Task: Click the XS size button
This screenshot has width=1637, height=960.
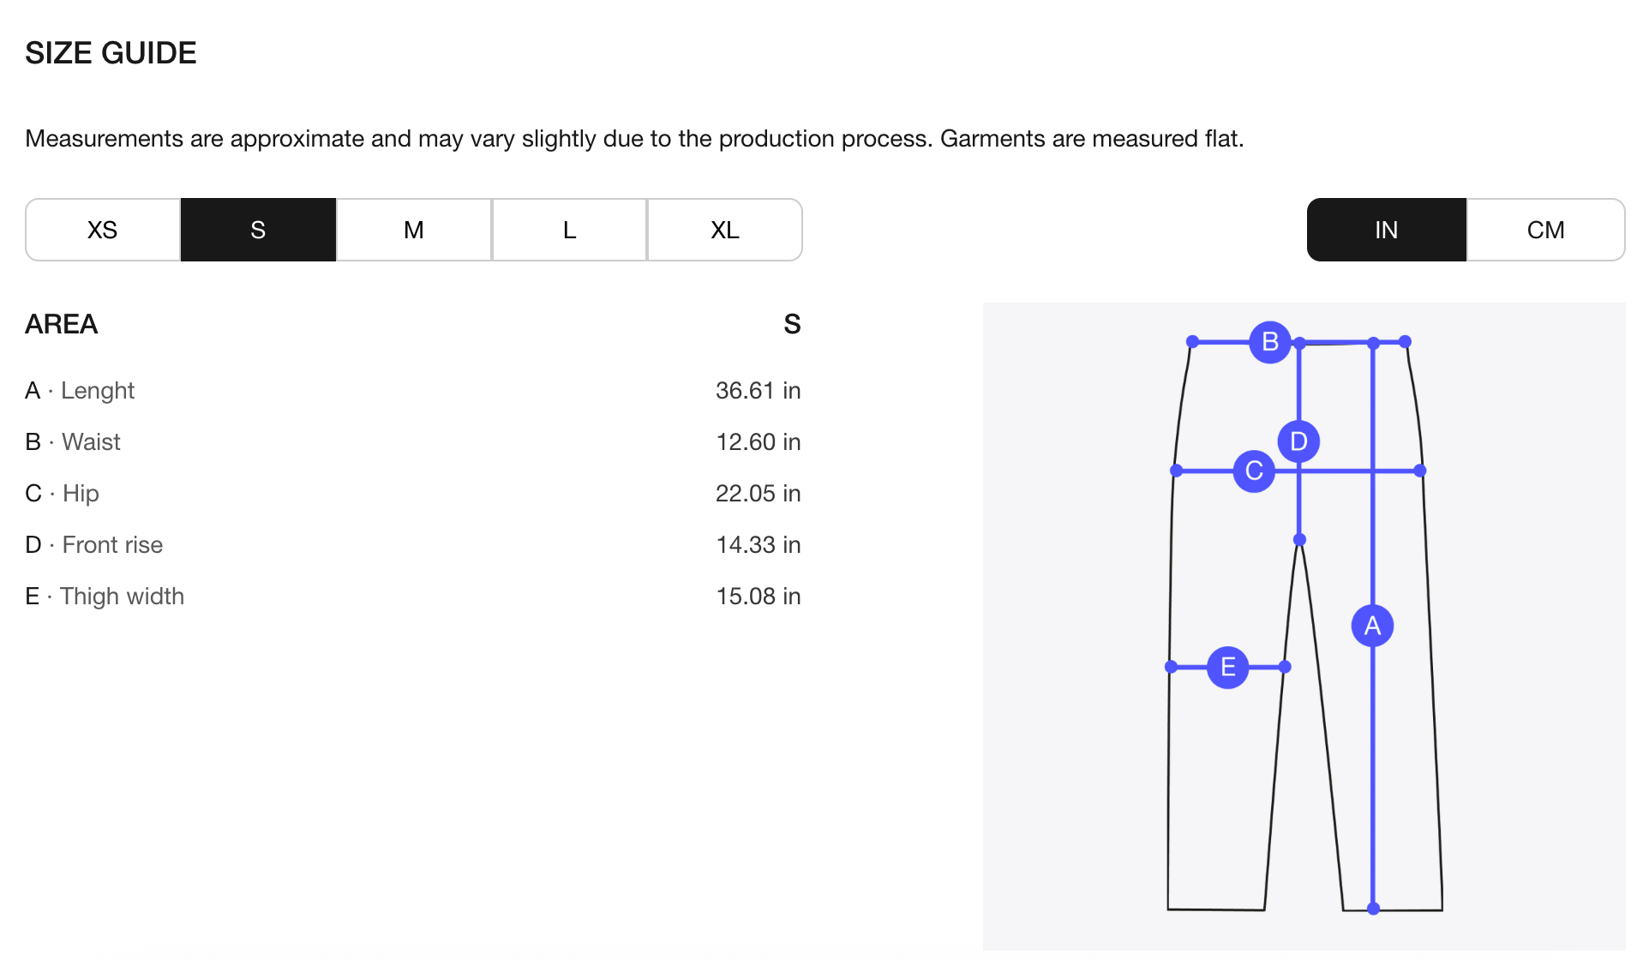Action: click(x=103, y=230)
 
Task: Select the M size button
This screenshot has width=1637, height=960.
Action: click(x=414, y=230)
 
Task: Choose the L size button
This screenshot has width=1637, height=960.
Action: click(x=569, y=230)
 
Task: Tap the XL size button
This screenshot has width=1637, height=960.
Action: click(x=725, y=230)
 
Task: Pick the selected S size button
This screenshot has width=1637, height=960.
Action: click(x=258, y=230)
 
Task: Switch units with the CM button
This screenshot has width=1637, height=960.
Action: click(x=1546, y=230)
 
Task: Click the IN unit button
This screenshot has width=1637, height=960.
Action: click(x=1387, y=230)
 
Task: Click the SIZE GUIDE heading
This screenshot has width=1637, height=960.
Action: click(x=111, y=53)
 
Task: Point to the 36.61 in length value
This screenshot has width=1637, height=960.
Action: click(x=759, y=391)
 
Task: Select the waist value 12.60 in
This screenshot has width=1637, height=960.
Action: click(x=759, y=442)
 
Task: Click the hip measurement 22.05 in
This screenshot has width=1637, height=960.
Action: click(x=759, y=494)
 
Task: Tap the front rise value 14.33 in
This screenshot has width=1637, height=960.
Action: click(x=759, y=545)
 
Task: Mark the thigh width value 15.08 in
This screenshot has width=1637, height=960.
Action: click(x=759, y=597)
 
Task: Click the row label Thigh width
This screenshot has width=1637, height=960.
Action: click(x=123, y=597)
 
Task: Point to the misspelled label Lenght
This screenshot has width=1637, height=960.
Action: click(x=98, y=391)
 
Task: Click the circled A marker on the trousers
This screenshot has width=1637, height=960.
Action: click(x=1373, y=626)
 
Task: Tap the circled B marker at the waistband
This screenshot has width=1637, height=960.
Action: click(x=1270, y=342)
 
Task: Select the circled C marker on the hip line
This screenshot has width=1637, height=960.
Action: click(x=1254, y=471)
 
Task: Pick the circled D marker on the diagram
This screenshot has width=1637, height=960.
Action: click(x=1299, y=441)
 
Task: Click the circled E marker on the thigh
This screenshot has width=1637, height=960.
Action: click(x=1228, y=667)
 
